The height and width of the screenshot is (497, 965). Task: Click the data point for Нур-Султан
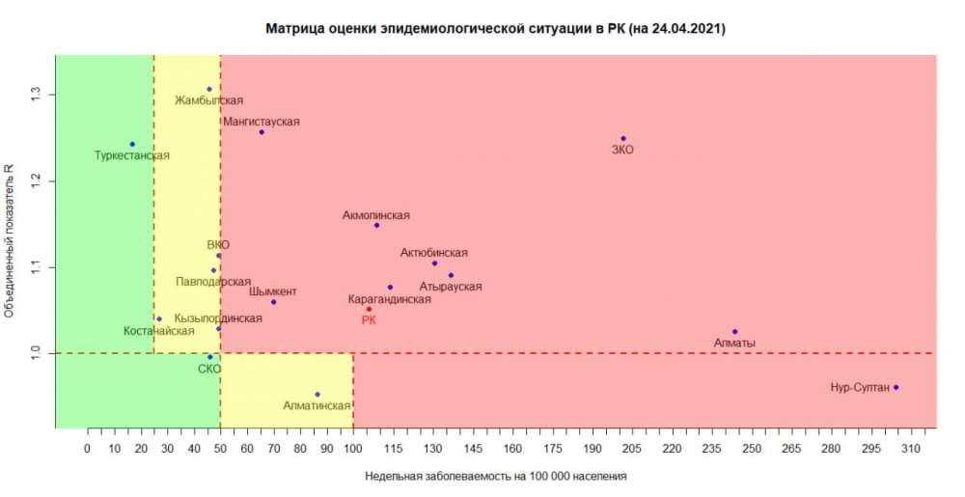[x=896, y=387]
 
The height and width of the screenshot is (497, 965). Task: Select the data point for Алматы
[x=734, y=332]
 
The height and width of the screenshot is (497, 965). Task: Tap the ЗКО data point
[x=623, y=139]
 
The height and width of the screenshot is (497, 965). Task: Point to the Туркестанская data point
[x=132, y=144]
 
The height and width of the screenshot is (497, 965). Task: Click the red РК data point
[x=369, y=309]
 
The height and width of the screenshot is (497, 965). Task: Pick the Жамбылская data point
[x=209, y=89]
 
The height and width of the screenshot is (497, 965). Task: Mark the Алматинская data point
[x=317, y=394]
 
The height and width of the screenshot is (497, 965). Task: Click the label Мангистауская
[x=262, y=122]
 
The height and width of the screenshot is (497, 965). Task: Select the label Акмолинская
[x=376, y=215]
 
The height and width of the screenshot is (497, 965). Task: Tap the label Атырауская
[x=451, y=287]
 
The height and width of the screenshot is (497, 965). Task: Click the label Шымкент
[x=273, y=291]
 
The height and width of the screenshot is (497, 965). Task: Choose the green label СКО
[x=209, y=369]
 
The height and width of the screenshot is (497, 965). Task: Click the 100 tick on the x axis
[x=353, y=448]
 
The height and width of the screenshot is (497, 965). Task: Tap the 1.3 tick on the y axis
[x=36, y=95]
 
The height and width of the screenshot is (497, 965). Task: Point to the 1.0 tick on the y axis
[x=36, y=353]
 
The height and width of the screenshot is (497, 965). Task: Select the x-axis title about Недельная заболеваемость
[x=496, y=476]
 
